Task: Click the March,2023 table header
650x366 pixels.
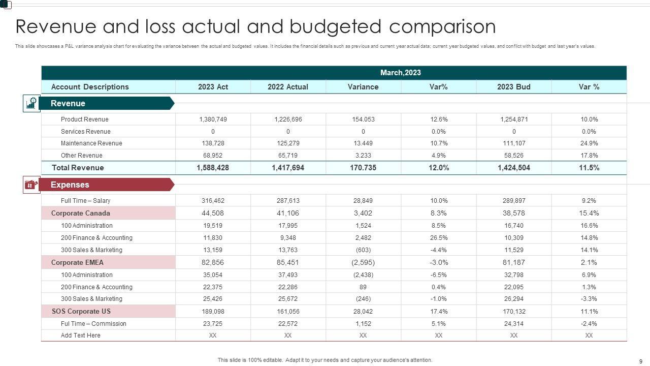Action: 400,73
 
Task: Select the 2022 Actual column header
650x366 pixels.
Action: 288,87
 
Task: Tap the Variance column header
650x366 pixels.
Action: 363,87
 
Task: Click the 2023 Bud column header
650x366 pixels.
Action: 513,87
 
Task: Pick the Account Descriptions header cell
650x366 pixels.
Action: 90,87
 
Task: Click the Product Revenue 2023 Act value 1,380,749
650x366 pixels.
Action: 213,119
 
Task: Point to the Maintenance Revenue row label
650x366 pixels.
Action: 91,143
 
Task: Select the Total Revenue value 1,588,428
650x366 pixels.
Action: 213,168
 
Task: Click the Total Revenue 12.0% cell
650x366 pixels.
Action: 439,168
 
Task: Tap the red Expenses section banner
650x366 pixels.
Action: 107,185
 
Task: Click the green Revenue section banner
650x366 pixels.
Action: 107,104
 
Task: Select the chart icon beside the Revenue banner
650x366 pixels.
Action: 31,104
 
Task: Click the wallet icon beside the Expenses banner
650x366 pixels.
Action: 31,185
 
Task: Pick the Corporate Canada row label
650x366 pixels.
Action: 80,213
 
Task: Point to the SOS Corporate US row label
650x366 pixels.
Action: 81,312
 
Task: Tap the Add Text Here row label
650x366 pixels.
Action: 81,335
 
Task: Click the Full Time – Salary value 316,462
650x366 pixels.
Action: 213,201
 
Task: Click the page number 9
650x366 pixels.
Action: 640,360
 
